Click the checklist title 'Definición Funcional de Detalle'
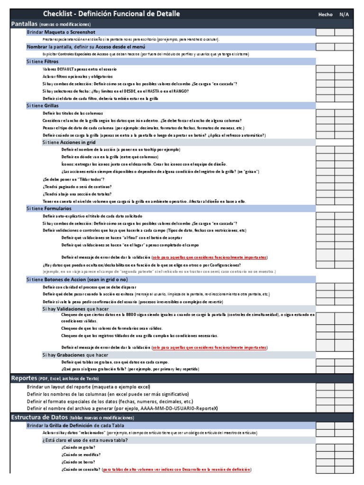pyautogui.click(x=111, y=14)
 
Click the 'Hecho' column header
pyautogui.click(x=325, y=14)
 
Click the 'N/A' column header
pyautogui.click(x=344, y=14)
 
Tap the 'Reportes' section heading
pyautogui.click(x=24, y=378)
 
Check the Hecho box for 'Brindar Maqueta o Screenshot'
pyautogui.click(x=325, y=32)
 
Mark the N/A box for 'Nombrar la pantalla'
pyautogui.click(x=344, y=47)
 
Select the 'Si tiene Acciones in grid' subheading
pyautogui.click(x=69, y=142)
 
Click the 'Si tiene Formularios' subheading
pyautogui.click(x=49, y=208)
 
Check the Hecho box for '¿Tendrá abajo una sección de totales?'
pyautogui.click(x=325, y=194)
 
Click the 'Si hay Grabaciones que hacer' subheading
pyautogui.click(x=75, y=355)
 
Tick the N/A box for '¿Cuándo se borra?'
pyautogui.click(x=344, y=462)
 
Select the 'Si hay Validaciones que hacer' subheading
pyautogui.click(x=75, y=308)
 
